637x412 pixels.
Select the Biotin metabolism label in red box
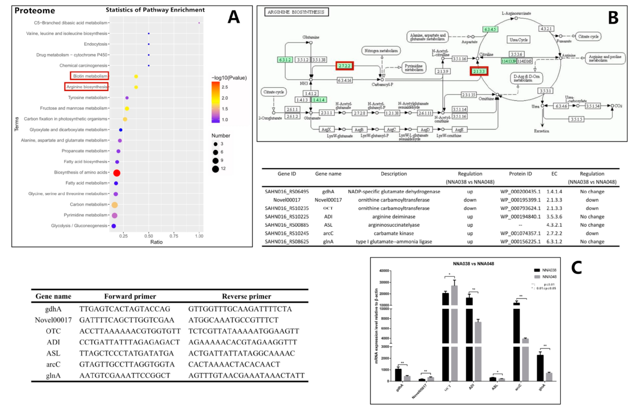[x=89, y=76]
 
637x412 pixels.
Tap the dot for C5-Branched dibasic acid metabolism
[x=199, y=23]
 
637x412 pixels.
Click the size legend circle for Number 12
[x=216, y=169]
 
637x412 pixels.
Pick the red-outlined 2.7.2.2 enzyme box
[x=344, y=66]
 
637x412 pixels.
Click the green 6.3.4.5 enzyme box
[x=490, y=29]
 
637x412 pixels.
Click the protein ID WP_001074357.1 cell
[x=520, y=233]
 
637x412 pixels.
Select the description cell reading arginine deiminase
[x=394, y=217]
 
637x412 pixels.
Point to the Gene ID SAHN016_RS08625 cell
[x=287, y=241]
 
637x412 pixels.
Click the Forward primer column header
[x=130, y=296]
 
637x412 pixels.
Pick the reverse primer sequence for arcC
[x=234, y=364]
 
